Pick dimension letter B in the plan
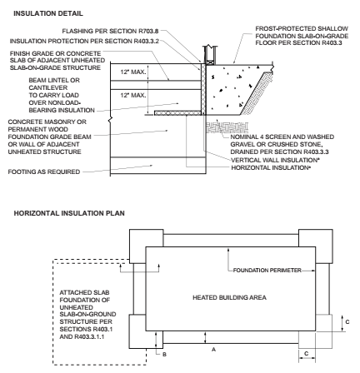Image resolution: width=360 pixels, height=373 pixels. point(165,354)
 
